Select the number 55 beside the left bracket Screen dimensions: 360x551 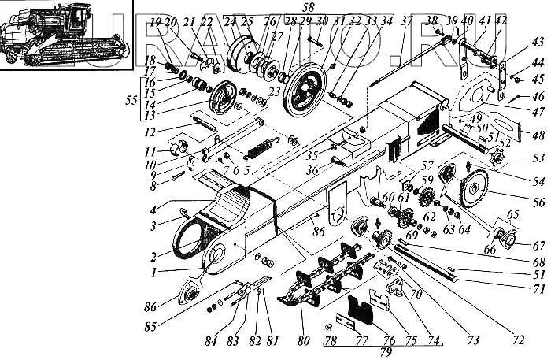click(x=131, y=100)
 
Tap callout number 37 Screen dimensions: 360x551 click(x=406, y=20)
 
